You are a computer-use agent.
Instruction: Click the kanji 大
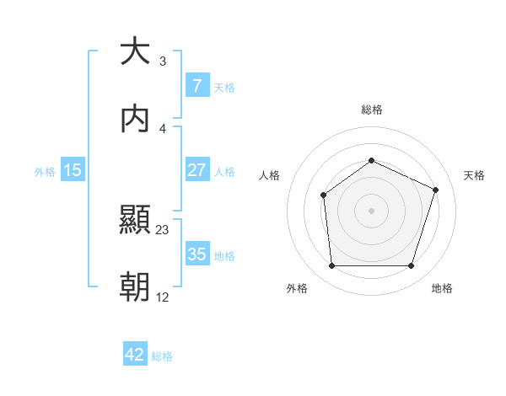click(135, 51)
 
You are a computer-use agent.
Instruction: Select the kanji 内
click(135, 119)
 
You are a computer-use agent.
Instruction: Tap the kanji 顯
click(135, 220)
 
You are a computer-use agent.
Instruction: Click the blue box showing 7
click(196, 85)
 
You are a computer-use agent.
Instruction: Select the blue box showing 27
click(196, 169)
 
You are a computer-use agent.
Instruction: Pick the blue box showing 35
click(196, 254)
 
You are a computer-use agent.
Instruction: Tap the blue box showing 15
click(73, 170)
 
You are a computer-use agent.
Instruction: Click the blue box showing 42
click(135, 355)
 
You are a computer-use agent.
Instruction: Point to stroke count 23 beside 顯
click(163, 229)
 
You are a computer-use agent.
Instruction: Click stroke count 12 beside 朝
click(163, 297)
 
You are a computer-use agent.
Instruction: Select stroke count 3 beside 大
click(162, 61)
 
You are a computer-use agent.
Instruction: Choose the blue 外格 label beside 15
click(45, 172)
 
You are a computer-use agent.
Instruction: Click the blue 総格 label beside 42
click(162, 356)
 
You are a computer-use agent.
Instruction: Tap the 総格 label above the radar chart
click(372, 110)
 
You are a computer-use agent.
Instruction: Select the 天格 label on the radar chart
click(474, 175)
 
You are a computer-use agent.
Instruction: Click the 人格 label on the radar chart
click(269, 175)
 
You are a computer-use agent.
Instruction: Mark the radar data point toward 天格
click(436, 190)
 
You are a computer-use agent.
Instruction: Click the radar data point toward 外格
click(331, 266)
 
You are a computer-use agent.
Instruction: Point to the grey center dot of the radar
click(371, 210)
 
